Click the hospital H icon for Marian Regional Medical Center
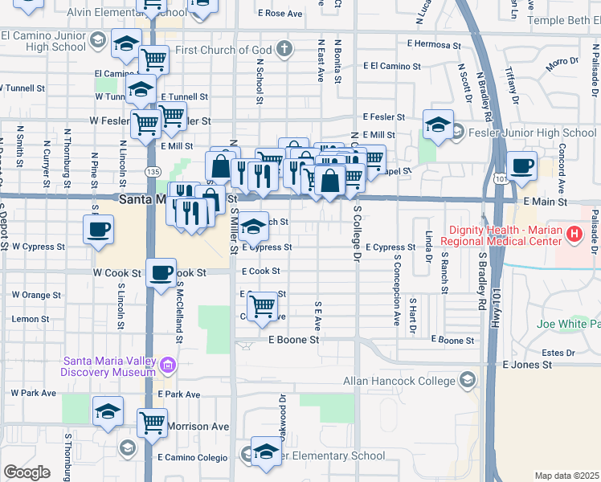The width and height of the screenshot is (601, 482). click(x=574, y=235)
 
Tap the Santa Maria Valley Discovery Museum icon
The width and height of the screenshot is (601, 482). click(x=168, y=366)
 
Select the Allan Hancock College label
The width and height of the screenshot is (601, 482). click(x=399, y=381)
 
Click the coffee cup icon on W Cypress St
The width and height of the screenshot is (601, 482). click(x=99, y=229)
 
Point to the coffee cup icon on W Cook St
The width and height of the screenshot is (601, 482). click(x=161, y=272)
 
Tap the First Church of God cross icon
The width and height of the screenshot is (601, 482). click(x=283, y=50)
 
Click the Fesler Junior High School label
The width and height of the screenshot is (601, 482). click(x=534, y=133)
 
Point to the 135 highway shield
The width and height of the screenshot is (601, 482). click(x=150, y=171)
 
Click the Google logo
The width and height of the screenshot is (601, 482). click(x=27, y=472)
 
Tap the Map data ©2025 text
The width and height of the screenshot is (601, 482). click(x=566, y=476)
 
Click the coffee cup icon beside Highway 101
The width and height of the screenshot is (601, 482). click(x=522, y=165)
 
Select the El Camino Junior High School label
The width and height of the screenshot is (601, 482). click(x=43, y=41)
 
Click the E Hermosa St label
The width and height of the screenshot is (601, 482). click(x=433, y=43)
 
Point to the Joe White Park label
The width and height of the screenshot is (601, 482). click(x=569, y=324)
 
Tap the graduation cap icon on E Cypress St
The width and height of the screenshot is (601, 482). click(x=253, y=227)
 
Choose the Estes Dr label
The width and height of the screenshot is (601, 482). click(x=554, y=352)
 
